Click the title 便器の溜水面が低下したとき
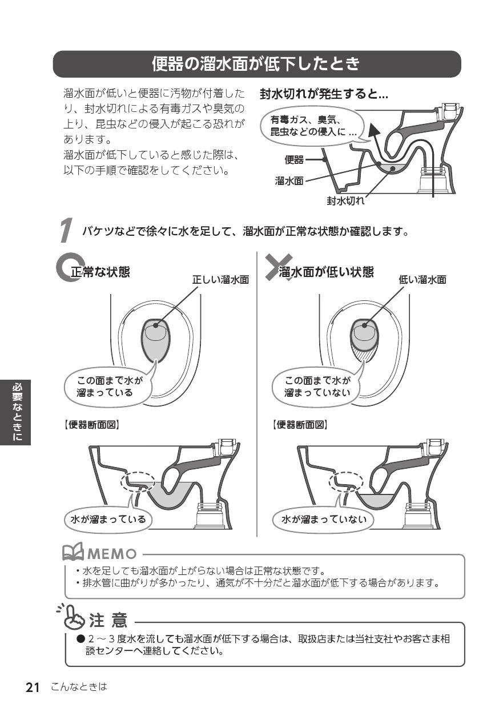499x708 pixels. point(256,64)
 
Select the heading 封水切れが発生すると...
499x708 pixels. point(324,94)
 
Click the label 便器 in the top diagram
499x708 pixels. point(294,160)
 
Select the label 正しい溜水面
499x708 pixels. point(220,280)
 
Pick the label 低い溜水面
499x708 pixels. point(422,280)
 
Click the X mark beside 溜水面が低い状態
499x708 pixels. point(278,267)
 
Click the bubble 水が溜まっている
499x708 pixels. point(108,519)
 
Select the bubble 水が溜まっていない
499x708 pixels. point(323,519)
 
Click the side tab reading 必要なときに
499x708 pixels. point(15,412)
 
